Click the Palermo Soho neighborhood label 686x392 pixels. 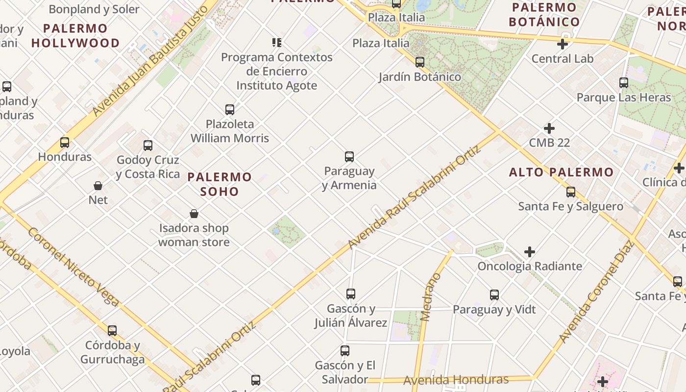pos(220,184)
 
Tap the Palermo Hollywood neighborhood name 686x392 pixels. pos(75,36)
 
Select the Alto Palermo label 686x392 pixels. pos(561,172)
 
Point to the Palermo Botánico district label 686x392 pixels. pos(544,15)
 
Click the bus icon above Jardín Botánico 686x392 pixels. pos(420,62)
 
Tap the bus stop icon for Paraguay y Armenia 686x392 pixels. pos(349,157)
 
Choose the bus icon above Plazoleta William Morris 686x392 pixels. pos(230,110)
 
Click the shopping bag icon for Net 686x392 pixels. pos(98,186)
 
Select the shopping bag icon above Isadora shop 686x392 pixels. pos(194,214)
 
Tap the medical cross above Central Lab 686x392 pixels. pos(563,45)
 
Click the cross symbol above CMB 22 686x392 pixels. pos(549,129)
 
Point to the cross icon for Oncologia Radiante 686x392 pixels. pos(530,252)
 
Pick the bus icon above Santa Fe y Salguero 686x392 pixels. pos(571,192)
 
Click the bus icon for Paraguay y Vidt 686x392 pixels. pos(494,295)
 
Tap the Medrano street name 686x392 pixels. pos(431,297)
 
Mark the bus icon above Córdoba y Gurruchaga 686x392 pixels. pos(112,331)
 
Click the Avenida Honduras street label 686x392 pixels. pos(456,380)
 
